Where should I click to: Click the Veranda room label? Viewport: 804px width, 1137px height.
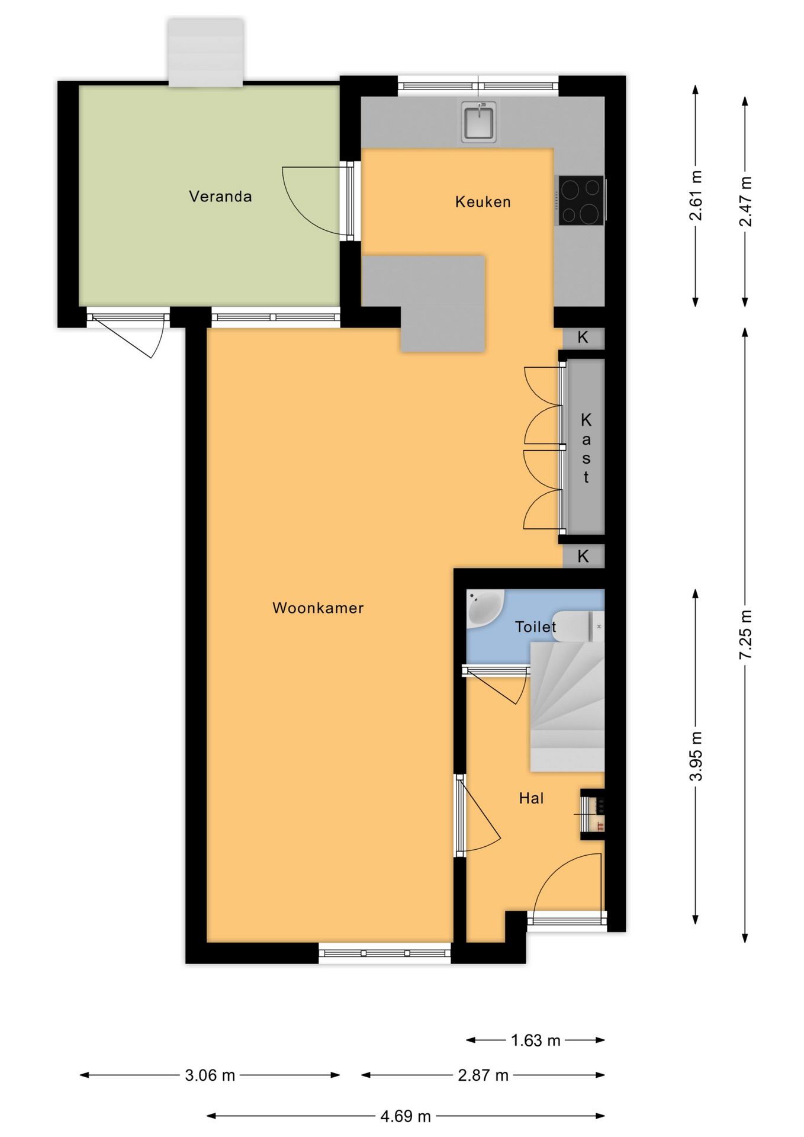click(220, 197)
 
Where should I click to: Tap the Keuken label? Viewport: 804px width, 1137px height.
click(483, 202)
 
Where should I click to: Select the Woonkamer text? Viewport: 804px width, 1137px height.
click(318, 608)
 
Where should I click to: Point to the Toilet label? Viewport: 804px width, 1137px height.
click(535, 627)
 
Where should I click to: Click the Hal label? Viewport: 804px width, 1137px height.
click(531, 798)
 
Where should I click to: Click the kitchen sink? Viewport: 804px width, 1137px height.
click(478, 122)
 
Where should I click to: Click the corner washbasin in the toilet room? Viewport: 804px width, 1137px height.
click(484, 606)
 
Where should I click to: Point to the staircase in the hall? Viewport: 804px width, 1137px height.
click(567, 707)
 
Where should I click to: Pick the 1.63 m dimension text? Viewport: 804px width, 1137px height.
click(535, 1040)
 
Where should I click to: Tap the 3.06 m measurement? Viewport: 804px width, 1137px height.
click(210, 1075)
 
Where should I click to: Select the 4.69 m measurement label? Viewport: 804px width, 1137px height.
click(406, 1116)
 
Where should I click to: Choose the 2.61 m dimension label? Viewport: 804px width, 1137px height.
click(696, 195)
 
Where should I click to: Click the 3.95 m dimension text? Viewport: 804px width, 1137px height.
click(696, 756)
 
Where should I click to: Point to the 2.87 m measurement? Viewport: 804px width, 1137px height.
click(483, 1075)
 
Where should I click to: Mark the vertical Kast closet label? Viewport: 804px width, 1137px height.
click(586, 448)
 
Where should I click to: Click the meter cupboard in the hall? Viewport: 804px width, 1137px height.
click(593, 814)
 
